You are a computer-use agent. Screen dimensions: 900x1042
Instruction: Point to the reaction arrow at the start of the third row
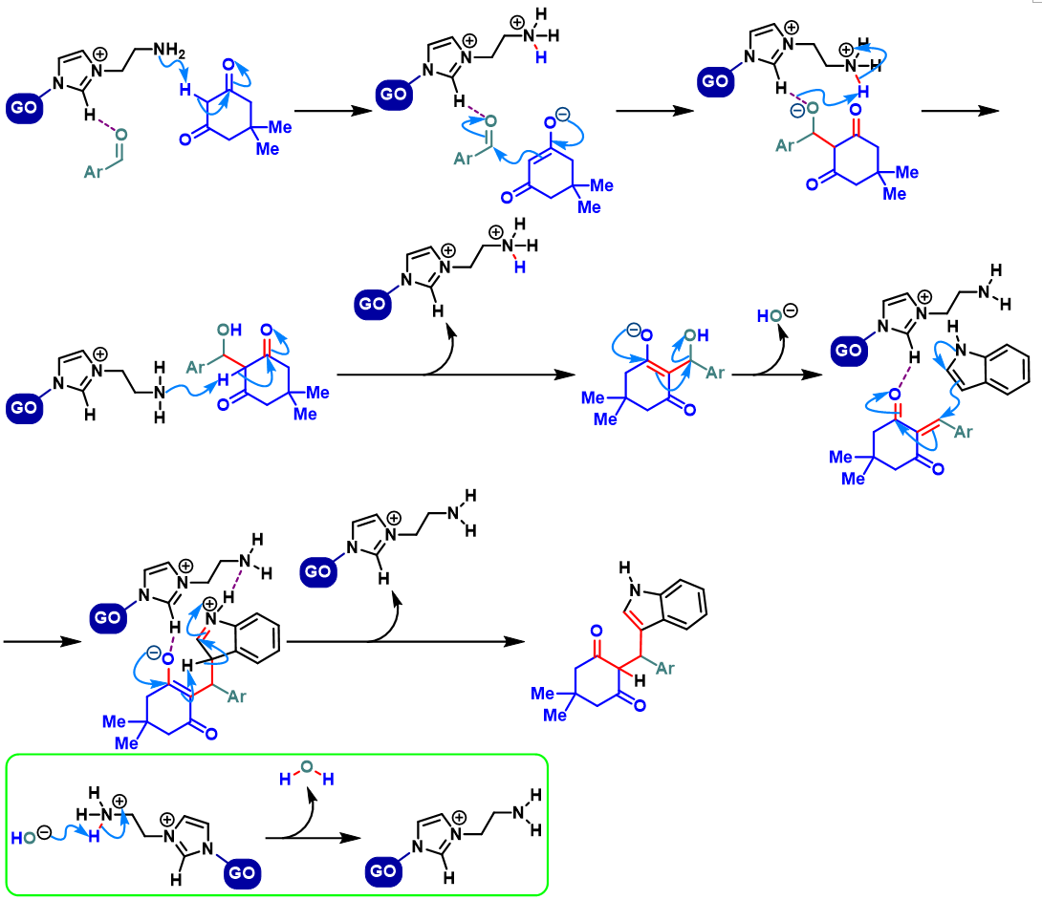point(38,642)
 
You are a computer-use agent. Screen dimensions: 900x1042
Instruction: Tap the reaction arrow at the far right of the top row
point(960,111)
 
